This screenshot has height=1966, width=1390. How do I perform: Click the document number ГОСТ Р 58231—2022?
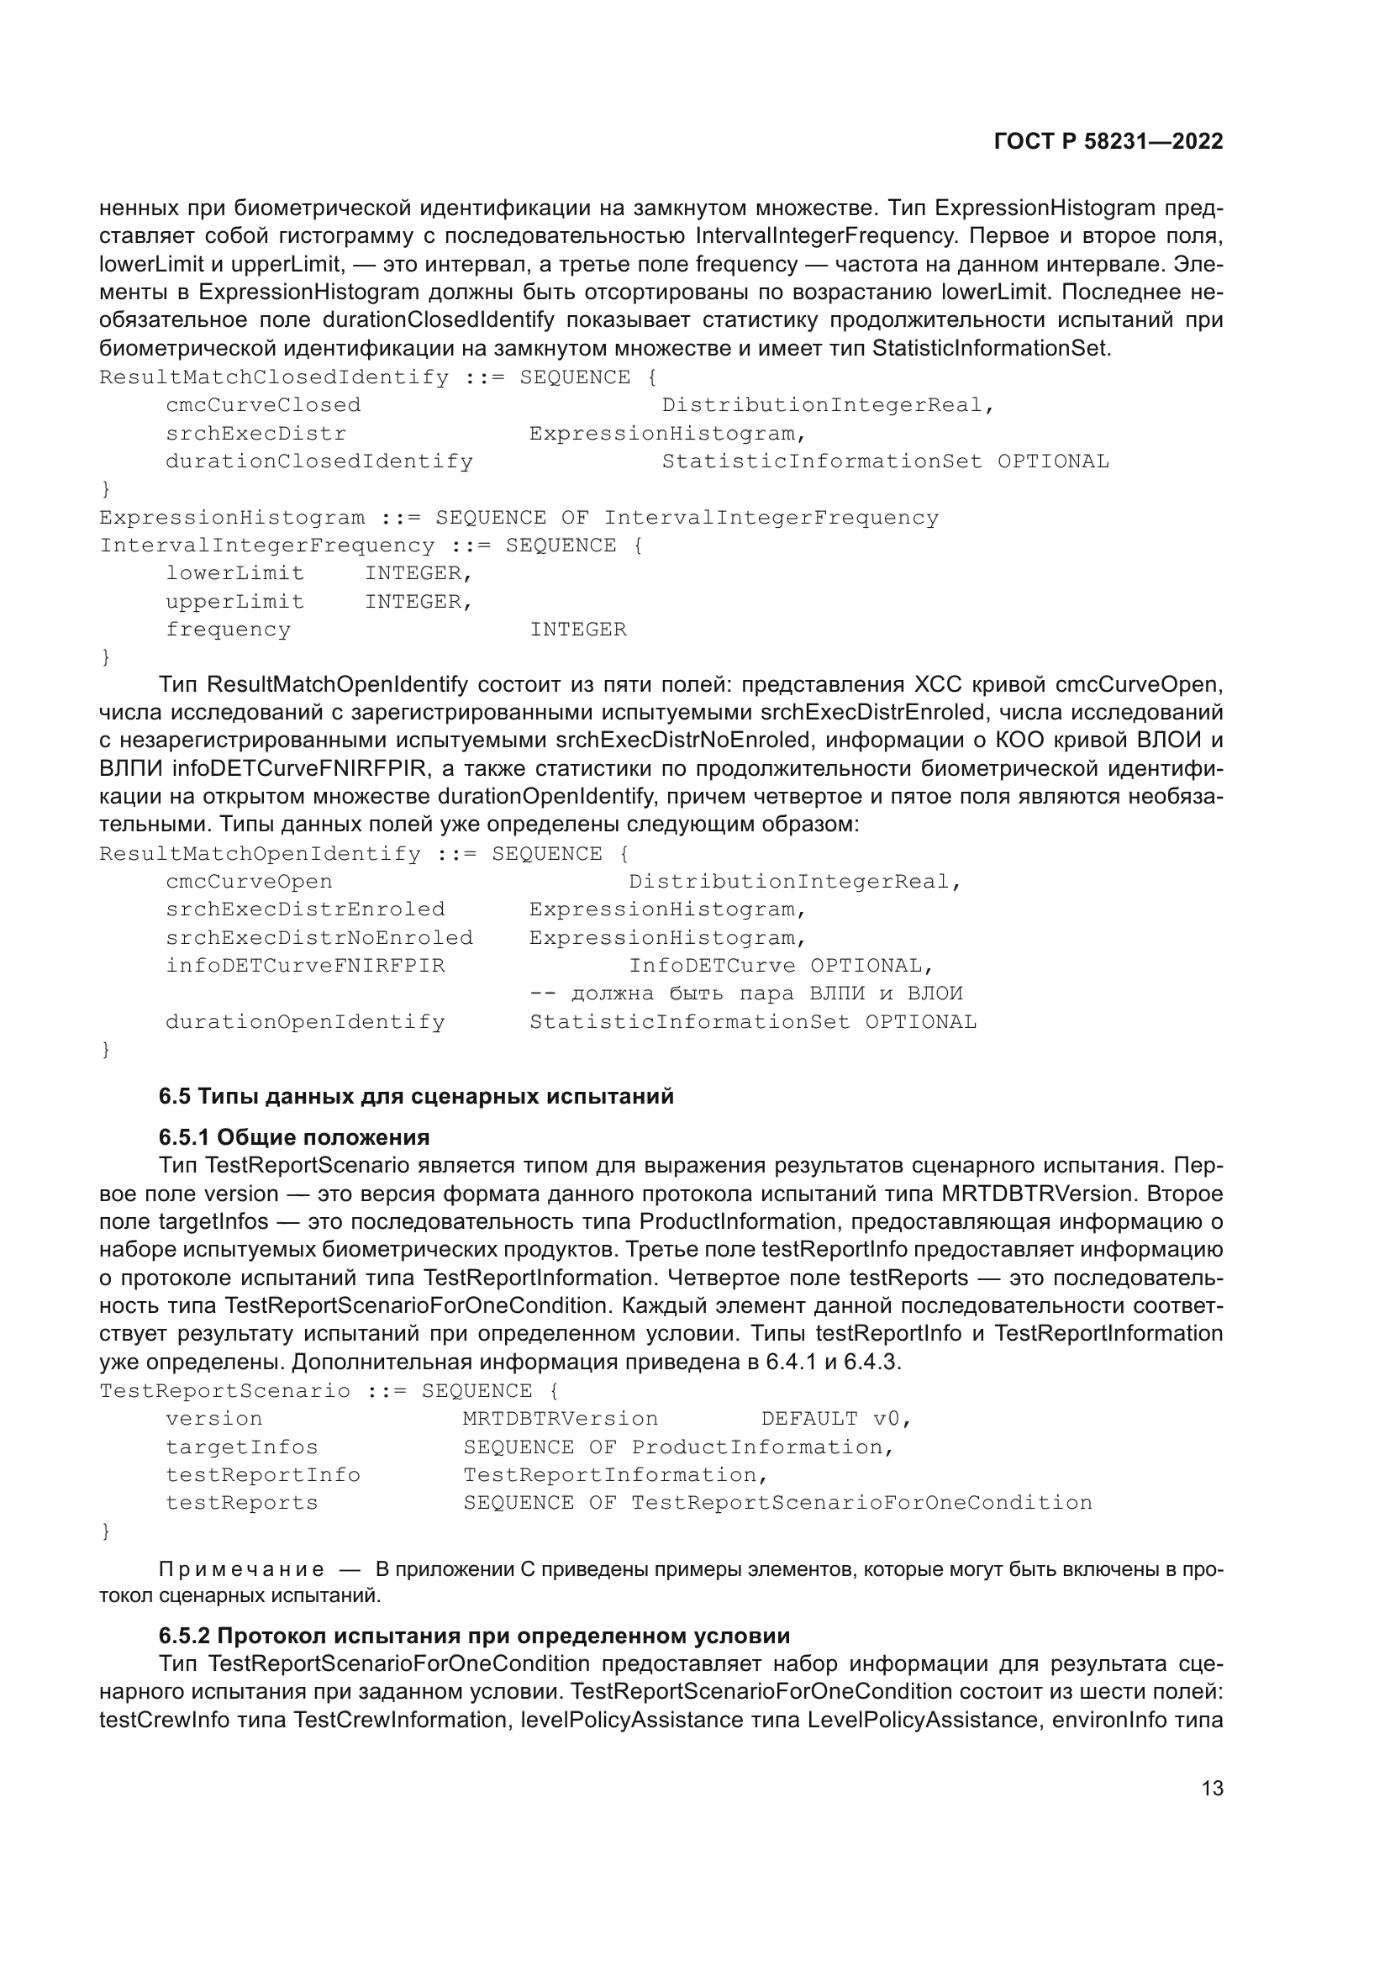[1108, 141]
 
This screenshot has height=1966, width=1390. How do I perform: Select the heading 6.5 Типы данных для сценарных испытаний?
[416, 1096]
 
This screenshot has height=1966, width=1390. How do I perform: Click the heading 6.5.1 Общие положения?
[293, 1137]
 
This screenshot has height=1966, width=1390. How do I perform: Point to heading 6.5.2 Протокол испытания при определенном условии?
[474, 1636]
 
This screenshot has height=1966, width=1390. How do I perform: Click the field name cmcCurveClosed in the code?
[263, 405]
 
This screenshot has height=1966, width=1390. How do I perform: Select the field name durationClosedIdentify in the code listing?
[319, 461]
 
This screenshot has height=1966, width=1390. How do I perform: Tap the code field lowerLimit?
[234, 574]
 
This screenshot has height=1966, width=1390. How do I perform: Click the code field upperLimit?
[234, 602]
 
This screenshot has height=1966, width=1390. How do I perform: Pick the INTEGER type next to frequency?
[577, 630]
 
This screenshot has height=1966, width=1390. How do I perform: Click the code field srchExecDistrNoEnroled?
[319, 938]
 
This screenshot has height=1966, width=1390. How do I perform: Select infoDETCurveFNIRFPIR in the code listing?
[305, 966]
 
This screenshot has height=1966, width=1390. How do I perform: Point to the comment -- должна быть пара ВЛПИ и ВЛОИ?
[745, 994]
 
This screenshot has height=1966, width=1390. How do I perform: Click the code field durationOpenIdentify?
[305, 1022]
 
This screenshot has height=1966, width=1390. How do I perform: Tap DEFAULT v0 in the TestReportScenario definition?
[835, 1419]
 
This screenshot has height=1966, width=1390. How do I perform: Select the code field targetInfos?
[241, 1447]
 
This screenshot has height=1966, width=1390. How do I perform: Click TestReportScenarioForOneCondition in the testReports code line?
[861, 1503]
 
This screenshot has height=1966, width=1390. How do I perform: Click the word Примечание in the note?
[241, 1569]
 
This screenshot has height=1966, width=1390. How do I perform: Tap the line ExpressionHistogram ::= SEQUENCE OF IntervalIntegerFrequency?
[519, 518]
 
